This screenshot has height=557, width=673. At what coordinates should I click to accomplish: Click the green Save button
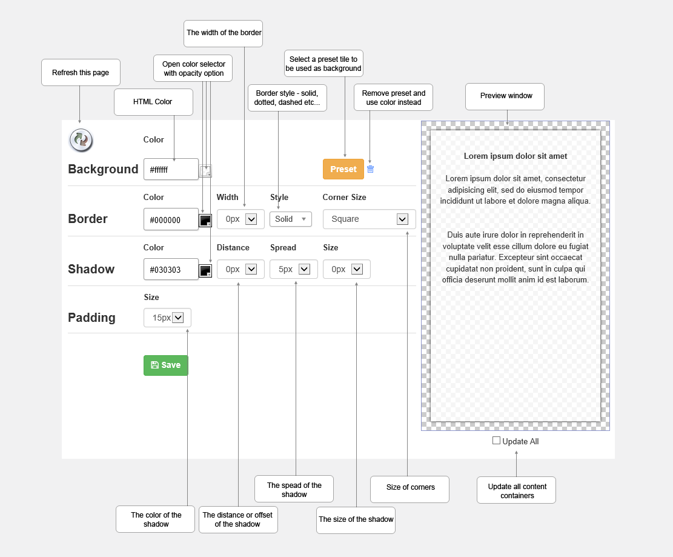click(165, 365)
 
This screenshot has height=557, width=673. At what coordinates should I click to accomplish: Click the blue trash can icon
click(370, 169)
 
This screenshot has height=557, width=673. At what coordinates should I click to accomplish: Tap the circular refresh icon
click(81, 140)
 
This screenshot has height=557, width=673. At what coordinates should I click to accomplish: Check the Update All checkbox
click(496, 441)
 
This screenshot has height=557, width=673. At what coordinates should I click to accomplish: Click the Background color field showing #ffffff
click(171, 169)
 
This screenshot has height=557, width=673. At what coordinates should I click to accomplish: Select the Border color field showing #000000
click(171, 219)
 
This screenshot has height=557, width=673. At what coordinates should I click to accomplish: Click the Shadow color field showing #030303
click(171, 269)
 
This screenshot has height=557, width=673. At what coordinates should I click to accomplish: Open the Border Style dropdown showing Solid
click(291, 219)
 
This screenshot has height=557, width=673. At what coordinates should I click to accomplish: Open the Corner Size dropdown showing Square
click(369, 219)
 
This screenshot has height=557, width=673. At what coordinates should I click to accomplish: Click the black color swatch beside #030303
click(205, 270)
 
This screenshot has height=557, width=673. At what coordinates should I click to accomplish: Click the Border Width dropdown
click(240, 219)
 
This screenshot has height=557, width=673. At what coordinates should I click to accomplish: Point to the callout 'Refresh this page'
click(81, 73)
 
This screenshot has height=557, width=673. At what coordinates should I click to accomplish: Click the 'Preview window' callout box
click(505, 96)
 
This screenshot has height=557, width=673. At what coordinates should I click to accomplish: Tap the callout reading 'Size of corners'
click(410, 489)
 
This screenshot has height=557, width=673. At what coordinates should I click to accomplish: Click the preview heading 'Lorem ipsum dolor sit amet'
click(516, 156)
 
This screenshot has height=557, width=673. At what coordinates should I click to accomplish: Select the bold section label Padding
click(92, 318)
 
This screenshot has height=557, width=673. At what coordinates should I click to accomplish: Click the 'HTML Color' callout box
click(153, 102)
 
